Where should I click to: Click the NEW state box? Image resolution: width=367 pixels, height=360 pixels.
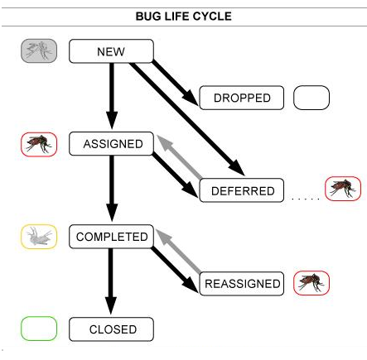pyautogui.click(x=111, y=51)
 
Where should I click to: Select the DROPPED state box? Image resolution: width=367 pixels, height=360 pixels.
pyautogui.click(x=242, y=98)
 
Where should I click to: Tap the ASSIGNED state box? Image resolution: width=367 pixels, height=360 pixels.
pyautogui.click(x=113, y=144)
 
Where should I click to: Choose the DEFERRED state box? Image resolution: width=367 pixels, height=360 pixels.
pyautogui.click(x=242, y=190)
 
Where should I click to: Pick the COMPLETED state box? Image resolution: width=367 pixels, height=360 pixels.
pyautogui.click(x=112, y=237)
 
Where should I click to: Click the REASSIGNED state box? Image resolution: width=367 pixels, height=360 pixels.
pyautogui.click(x=242, y=283)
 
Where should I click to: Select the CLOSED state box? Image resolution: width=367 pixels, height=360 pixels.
pyautogui.click(x=112, y=329)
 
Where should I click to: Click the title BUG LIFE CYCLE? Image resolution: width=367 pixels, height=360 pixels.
pyautogui.click(x=183, y=17)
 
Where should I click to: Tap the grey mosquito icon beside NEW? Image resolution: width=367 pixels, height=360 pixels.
pyautogui.click(x=39, y=51)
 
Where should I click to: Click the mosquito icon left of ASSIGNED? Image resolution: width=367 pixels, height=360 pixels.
pyautogui.click(x=39, y=144)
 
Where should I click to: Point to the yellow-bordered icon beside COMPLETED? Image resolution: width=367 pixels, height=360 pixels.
pyautogui.click(x=39, y=237)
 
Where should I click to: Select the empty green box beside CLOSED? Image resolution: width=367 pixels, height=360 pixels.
pyautogui.click(x=39, y=329)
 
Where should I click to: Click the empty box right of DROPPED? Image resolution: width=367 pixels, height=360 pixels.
pyautogui.click(x=311, y=98)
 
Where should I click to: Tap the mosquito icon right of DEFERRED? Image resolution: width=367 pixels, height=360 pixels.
pyautogui.click(x=343, y=190)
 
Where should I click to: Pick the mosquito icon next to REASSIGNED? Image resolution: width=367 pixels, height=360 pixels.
pyautogui.click(x=311, y=283)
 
